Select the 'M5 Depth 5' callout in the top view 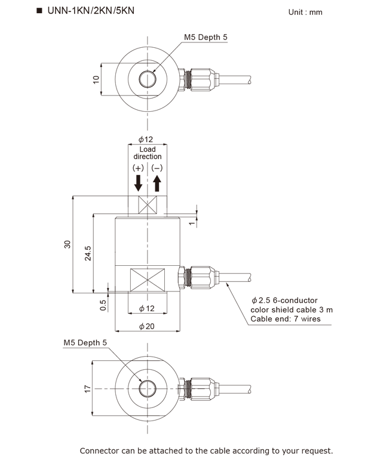[206, 37]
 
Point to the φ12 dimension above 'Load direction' [146, 139]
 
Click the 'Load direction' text [147, 153]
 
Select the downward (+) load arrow [139, 182]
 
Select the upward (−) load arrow [157, 182]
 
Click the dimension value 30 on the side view [68, 244]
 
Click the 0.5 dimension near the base [103, 305]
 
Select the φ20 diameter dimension [146, 326]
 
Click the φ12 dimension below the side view [146, 308]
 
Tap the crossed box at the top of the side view [147, 205]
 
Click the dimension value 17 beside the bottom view [88, 389]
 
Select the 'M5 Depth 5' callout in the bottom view [85, 343]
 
